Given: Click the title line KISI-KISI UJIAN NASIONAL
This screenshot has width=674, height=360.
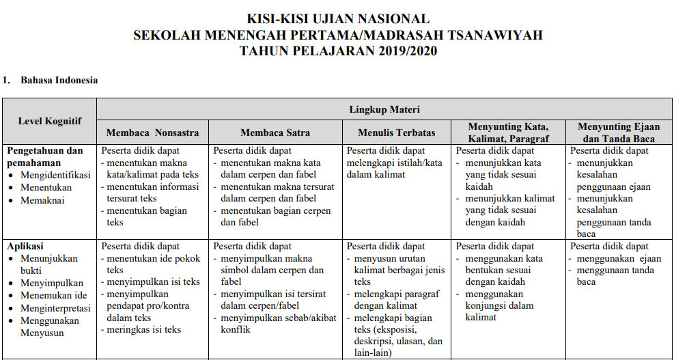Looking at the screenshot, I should (x=338, y=19).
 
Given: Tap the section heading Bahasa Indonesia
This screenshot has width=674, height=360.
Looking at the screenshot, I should (x=59, y=81).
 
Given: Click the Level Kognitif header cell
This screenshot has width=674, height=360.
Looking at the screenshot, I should (x=49, y=121).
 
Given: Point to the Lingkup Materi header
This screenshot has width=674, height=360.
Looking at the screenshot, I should (x=384, y=109).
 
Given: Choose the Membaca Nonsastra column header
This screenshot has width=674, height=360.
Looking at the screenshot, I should (x=152, y=133).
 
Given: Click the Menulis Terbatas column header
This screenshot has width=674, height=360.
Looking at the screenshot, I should (x=396, y=133).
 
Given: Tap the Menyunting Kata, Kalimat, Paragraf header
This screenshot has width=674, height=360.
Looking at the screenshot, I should (x=508, y=133).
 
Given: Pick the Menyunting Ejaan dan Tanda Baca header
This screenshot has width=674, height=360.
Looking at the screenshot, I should (x=617, y=133).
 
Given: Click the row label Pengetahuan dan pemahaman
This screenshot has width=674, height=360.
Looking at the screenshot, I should (x=45, y=157).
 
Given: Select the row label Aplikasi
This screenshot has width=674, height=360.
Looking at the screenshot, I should (x=25, y=246).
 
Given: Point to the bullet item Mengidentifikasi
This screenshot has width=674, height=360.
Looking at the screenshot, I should (x=55, y=175).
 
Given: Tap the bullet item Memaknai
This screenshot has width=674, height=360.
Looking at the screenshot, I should (x=42, y=199).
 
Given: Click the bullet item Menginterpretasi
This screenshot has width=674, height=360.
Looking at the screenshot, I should (x=54, y=308).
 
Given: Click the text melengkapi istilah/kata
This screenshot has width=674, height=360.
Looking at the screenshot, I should (x=395, y=163).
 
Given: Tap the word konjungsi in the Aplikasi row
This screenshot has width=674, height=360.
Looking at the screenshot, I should (x=489, y=305).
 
